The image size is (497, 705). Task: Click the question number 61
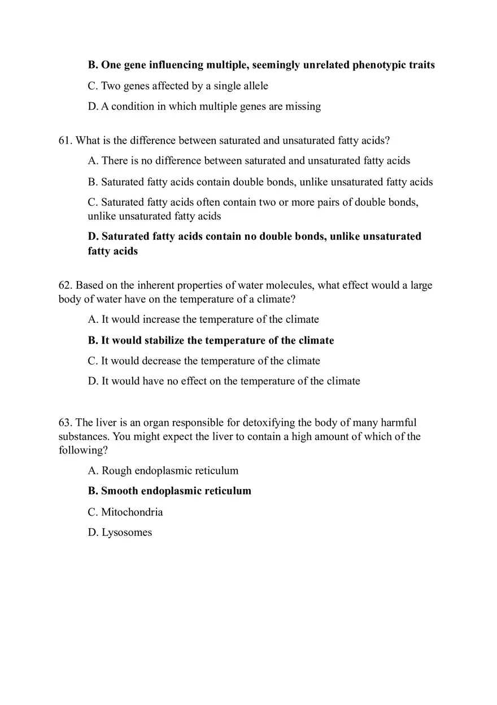pyautogui.click(x=65, y=140)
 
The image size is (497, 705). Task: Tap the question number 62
pyautogui.click(x=65, y=285)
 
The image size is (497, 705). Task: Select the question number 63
pyautogui.click(x=65, y=422)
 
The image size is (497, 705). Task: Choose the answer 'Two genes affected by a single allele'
pyautogui.click(x=178, y=86)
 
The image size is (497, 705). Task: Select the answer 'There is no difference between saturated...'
pyautogui.click(x=249, y=161)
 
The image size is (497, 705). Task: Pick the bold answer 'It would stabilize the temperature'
pyautogui.click(x=211, y=340)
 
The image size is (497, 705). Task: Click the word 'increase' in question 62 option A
pyautogui.click(x=161, y=319)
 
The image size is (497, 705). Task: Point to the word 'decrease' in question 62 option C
pyautogui.click(x=162, y=361)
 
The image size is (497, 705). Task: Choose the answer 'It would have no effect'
pyautogui.click(x=224, y=381)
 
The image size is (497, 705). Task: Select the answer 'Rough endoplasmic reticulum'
pyautogui.click(x=163, y=470)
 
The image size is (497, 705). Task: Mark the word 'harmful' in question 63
pyautogui.click(x=398, y=422)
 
